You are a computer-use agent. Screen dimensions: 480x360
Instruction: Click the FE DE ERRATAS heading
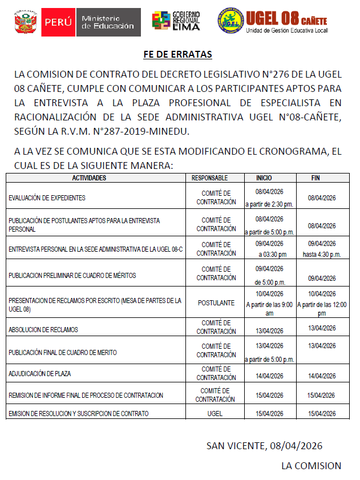click(x=177, y=55)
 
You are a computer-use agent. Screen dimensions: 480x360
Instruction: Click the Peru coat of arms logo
click(x=25, y=22)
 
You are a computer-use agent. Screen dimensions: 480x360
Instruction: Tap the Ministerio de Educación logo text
click(x=107, y=22)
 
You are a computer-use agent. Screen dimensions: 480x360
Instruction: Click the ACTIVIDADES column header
click(x=89, y=178)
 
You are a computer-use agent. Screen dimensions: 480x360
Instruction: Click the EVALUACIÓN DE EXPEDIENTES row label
click(x=47, y=198)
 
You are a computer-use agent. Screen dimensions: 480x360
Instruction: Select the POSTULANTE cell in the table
click(x=216, y=303)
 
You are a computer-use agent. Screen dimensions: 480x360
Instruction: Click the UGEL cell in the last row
click(x=216, y=413)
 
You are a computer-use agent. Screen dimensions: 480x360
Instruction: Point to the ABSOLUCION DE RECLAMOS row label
click(x=44, y=330)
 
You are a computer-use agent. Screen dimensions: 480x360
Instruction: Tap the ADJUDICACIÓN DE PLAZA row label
click(x=40, y=374)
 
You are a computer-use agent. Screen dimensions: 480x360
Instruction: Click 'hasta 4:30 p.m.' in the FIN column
click(x=321, y=254)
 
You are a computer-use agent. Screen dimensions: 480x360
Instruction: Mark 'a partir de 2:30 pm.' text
click(x=269, y=204)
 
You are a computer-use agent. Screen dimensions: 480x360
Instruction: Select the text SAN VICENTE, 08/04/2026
click(x=265, y=445)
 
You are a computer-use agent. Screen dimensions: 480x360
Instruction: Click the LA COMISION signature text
click(x=311, y=465)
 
